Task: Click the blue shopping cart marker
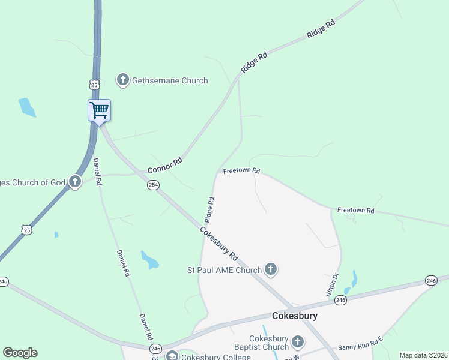click(x=99, y=111)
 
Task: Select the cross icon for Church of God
click(x=74, y=182)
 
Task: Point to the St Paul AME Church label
click(x=224, y=270)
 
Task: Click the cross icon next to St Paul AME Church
click(x=271, y=269)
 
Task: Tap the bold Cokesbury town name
click(x=294, y=316)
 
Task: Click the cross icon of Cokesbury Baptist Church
click(x=297, y=343)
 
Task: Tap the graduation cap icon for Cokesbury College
click(x=172, y=356)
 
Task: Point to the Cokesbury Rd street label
click(x=219, y=242)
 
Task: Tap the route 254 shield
click(x=153, y=185)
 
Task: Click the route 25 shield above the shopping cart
click(x=94, y=85)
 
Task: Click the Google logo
click(x=20, y=353)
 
